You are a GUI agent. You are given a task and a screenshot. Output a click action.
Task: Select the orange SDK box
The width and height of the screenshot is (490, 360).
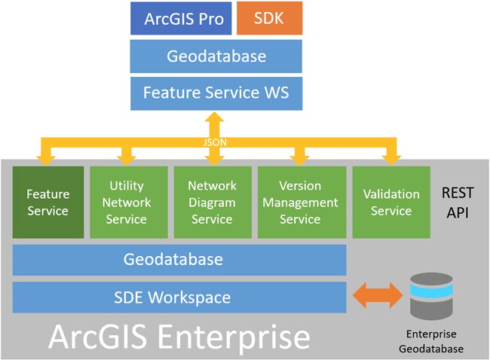point(269,19)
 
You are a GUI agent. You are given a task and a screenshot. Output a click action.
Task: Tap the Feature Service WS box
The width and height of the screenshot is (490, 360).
point(216,94)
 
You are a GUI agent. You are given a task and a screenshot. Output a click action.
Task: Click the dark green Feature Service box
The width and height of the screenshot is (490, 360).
point(48,202)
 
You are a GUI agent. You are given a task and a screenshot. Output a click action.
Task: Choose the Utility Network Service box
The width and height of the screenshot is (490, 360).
point(127,202)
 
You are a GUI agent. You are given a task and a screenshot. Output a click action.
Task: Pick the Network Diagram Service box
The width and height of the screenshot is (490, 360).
point(212,202)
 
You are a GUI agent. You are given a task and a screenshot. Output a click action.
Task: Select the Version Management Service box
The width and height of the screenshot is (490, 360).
point(300,202)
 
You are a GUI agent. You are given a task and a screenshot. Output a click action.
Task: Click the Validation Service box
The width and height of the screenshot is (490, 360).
point(390,202)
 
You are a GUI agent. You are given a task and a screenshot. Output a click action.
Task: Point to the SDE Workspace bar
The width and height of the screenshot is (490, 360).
point(179,297)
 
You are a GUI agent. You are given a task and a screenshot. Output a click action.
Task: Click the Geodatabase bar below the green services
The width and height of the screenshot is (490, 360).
point(179,260)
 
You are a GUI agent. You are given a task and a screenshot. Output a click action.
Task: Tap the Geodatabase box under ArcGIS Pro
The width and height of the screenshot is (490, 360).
point(216,56)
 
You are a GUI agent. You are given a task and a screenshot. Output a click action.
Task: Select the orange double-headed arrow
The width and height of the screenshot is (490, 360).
point(378,296)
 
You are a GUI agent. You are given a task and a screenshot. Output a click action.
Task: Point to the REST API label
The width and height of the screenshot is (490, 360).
point(458,203)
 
